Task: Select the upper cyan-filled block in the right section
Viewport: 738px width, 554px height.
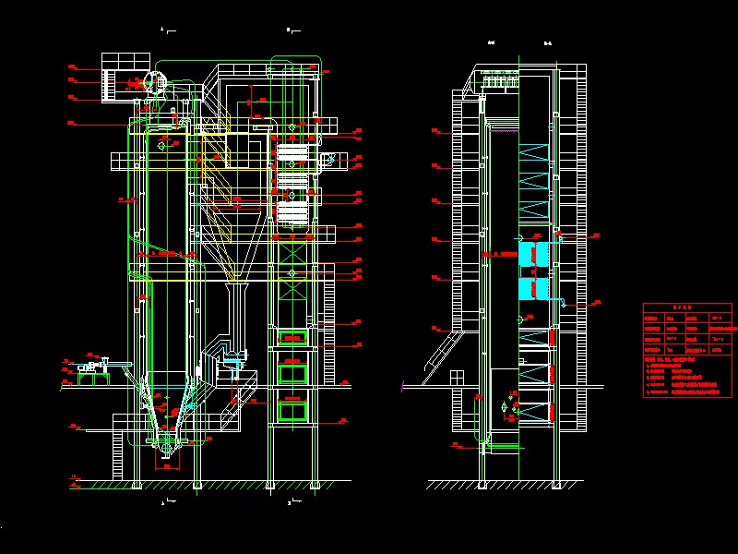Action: click(x=533, y=252)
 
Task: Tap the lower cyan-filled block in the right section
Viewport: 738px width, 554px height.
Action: click(x=533, y=289)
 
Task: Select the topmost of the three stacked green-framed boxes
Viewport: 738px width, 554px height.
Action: click(x=293, y=338)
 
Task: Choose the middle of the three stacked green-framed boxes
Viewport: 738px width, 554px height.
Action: click(x=293, y=373)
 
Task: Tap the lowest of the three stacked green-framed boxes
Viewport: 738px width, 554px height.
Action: click(x=293, y=409)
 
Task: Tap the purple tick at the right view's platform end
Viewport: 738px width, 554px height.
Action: click(x=403, y=382)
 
